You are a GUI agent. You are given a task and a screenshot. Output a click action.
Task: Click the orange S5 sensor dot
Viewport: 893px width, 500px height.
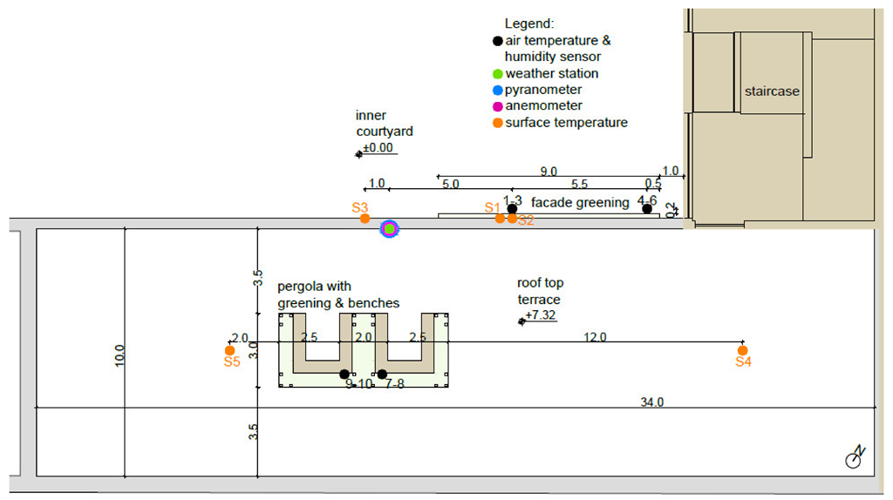point(230,350)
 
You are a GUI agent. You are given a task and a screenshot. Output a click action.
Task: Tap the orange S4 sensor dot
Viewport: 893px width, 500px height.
point(743,350)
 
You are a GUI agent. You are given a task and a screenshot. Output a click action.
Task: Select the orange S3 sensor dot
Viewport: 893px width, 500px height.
point(365,218)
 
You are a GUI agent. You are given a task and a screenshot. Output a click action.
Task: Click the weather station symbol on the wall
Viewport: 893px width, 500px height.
point(390,228)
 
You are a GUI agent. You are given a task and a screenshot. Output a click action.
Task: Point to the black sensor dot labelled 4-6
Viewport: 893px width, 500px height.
point(646,208)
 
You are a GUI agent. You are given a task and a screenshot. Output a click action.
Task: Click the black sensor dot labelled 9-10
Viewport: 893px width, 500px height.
point(344,374)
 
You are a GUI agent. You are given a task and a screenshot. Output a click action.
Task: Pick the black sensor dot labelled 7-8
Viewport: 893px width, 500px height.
point(382,374)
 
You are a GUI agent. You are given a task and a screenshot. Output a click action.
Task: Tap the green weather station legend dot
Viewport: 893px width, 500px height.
point(497,74)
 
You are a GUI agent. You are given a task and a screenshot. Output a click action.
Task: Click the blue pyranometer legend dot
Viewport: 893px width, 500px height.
point(497,90)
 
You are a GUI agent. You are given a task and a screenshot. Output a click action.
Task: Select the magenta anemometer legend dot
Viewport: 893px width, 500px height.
point(497,106)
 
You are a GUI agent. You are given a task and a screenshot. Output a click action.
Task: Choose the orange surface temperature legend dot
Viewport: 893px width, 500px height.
point(497,123)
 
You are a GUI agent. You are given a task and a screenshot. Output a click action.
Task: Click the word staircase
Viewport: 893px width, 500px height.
point(772,91)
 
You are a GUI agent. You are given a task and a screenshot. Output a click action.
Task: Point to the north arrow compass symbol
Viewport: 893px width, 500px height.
point(856,458)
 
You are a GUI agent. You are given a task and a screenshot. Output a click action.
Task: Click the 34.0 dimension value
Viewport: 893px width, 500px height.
point(652,402)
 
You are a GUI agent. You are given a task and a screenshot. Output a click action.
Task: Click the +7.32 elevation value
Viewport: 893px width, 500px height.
point(542,315)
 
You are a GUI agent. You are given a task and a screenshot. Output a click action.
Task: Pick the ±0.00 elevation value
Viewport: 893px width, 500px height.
point(378,148)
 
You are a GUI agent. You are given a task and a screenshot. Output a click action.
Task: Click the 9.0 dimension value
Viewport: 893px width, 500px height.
point(549,172)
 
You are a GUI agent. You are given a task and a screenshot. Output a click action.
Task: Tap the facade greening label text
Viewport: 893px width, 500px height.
point(580,202)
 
